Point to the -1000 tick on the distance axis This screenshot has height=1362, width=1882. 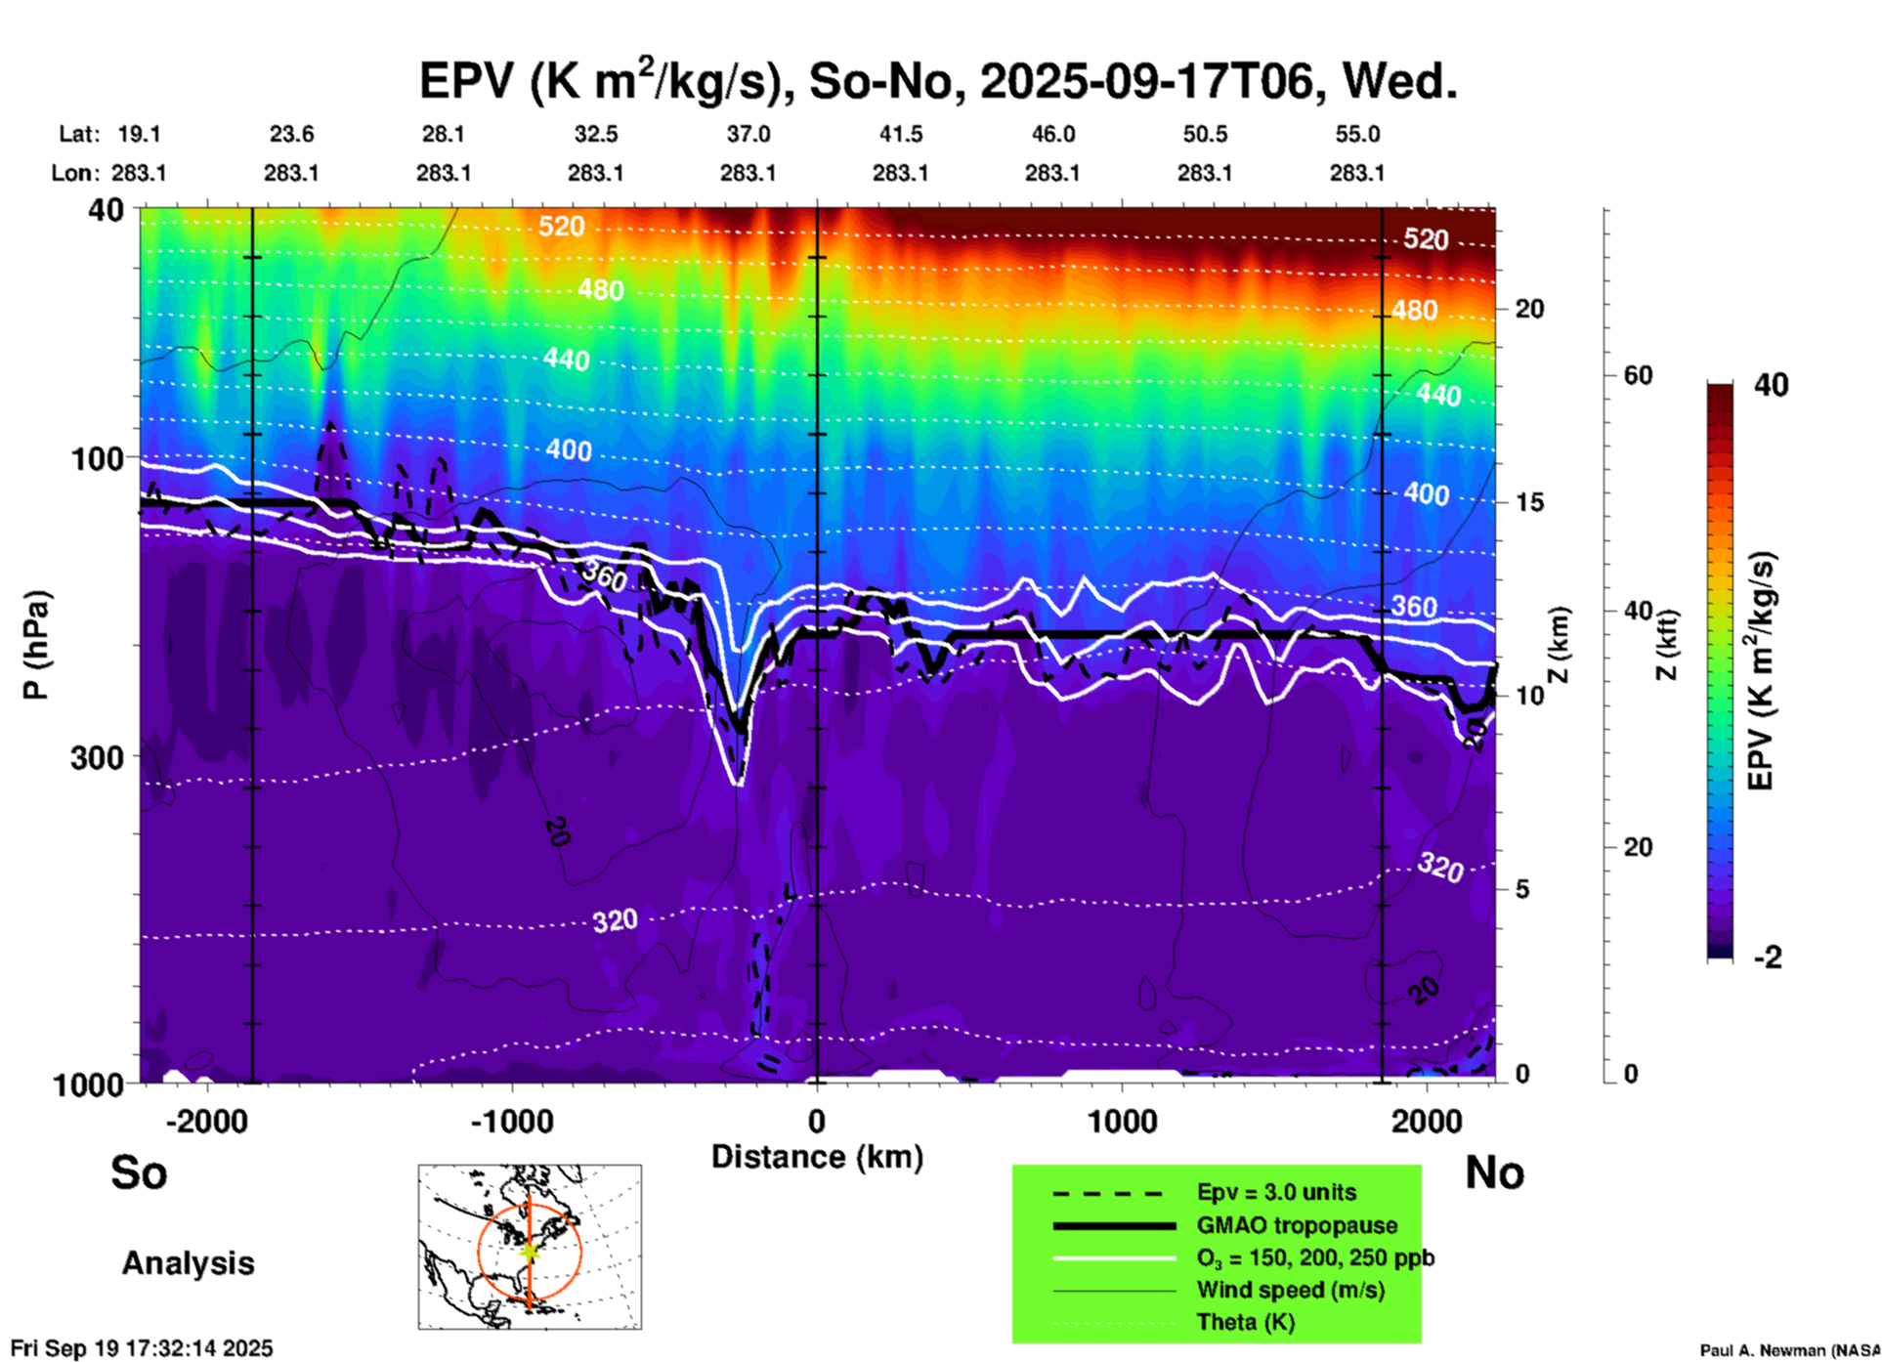[511, 1122]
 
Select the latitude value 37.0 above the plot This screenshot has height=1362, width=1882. [748, 134]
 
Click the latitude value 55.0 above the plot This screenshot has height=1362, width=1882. [1357, 134]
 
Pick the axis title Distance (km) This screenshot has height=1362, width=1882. [817, 1157]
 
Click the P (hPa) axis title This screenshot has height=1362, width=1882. [36, 645]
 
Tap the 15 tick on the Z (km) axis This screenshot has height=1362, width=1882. [1529, 502]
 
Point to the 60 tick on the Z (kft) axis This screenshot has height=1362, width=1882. [1638, 375]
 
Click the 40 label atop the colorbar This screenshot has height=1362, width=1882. [1771, 385]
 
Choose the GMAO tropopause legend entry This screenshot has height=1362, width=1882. [1297, 1225]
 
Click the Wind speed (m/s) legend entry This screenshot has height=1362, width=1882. [1290, 1290]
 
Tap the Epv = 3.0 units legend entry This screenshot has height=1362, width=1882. [1276, 1192]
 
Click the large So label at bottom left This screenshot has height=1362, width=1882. [139, 1172]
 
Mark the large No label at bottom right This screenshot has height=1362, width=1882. [1494, 1172]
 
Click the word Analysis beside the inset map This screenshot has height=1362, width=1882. [188, 1263]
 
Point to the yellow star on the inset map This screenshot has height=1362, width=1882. [529, 1251]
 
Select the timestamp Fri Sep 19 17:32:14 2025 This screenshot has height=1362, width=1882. [142, 1348]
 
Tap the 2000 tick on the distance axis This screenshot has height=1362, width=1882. [1428, 1122]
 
